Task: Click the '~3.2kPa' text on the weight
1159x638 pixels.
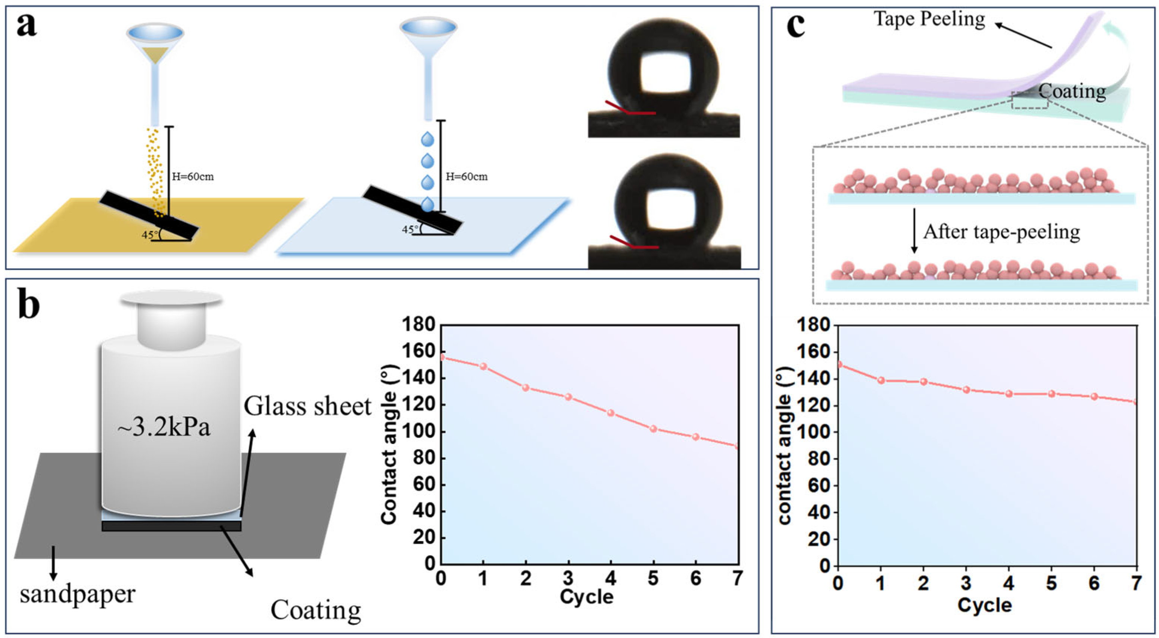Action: (x=164, y=428)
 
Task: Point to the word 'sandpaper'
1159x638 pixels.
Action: (x=77, y=594)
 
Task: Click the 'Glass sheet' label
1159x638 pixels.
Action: (x=307, y=406)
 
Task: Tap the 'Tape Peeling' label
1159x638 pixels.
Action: (x=929, y=19)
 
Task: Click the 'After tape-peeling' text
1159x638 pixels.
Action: (x=1001, y=232)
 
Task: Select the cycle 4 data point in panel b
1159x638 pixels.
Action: (x=611, y=413)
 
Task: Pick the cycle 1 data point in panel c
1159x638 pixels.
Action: (x=881, y=380)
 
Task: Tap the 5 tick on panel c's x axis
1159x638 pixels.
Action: (x=1051, y=584)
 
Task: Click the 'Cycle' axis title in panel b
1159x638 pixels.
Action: (x=586, y=597)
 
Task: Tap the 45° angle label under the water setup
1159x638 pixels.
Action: (x=409, y=229)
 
